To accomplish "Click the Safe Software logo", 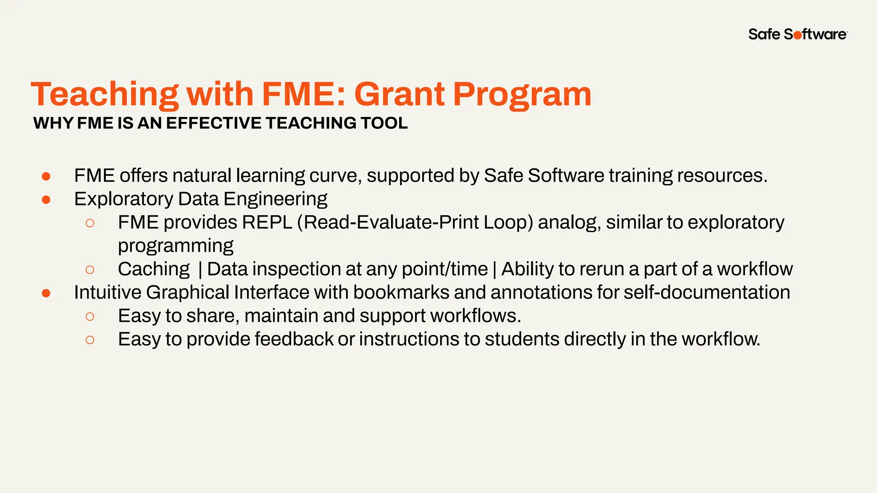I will coord(797,34).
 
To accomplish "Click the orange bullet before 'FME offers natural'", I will coord(46,176).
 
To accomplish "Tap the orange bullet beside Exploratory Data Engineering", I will coord(46,199).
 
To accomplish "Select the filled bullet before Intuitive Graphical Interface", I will coord(46,293).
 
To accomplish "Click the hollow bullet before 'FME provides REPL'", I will coord(90,223).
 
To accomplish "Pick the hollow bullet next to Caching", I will coord(90,270).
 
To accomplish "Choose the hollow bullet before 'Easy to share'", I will coord(90,317).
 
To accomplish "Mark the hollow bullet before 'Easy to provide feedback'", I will coord(90,340).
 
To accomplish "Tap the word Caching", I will coord(154,269).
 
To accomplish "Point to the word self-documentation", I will coord(707,293).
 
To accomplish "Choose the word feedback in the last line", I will coord(294,339).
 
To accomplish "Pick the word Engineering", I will coord(275,199).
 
